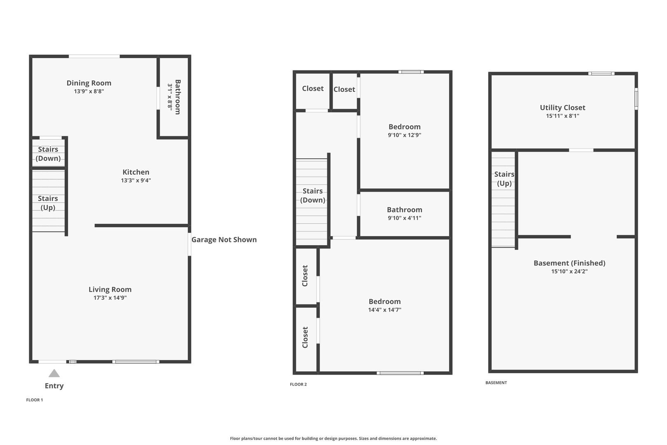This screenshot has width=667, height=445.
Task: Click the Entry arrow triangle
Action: tap(54, 373)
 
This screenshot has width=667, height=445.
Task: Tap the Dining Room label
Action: tap(89, 83)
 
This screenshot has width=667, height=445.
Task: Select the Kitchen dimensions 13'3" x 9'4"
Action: tap(136, 180)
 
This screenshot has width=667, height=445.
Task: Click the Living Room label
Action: tap(110, 289)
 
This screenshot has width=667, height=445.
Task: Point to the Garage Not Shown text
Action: tap(224, 240)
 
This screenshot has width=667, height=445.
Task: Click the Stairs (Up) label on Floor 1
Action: tap(48, 203)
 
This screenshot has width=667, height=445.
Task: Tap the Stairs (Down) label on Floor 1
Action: tap(48, 154)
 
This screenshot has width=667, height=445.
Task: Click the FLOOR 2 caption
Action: tap(298, 384)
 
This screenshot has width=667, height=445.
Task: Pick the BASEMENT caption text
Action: tap(496, 383)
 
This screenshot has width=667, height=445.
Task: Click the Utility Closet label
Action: tap(562, 108)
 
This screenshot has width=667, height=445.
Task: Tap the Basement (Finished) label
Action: tap(569, 263)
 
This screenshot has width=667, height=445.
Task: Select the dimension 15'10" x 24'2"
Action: tap(569, 272)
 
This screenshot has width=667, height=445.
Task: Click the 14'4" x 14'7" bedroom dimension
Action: tap(385, 310)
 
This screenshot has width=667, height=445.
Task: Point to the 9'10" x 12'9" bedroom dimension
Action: tap(404, 135)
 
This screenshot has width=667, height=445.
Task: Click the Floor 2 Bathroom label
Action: tap(404, 210)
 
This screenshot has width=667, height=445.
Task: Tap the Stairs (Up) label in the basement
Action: tap(504, 179)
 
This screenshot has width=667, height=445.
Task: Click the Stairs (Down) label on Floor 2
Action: tap(313, 195)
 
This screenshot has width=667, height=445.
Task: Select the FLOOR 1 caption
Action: tap(35, 400)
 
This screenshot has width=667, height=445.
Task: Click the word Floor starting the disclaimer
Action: tap(235, 438)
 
